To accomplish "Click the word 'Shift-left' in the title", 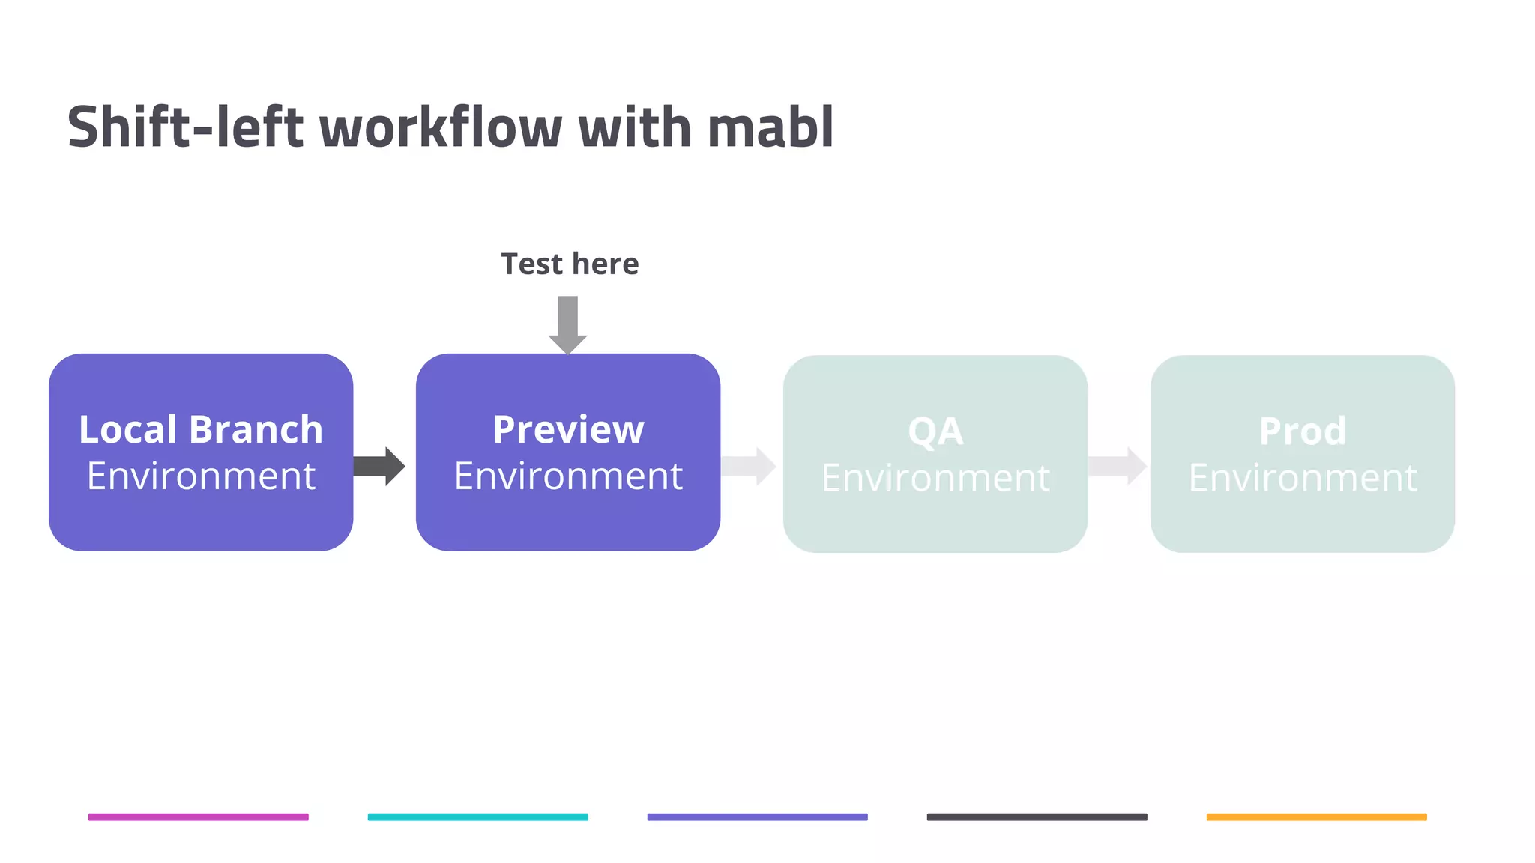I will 185,127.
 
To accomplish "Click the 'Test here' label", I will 570,264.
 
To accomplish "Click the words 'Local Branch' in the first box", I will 201,430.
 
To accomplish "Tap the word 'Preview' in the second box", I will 568,430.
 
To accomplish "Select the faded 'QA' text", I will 935,431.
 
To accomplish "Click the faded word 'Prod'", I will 1302,431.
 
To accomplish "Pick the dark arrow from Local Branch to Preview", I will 379,467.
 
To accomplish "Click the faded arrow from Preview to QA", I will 748,467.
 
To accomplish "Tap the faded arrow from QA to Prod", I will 1117,467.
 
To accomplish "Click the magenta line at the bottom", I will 199,817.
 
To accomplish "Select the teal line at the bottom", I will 477,817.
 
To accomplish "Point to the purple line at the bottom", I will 757,817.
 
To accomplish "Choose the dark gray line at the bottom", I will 1037,817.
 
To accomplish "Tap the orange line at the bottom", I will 1316,817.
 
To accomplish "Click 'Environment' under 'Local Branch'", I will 201,476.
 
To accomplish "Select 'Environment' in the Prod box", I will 1302,478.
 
